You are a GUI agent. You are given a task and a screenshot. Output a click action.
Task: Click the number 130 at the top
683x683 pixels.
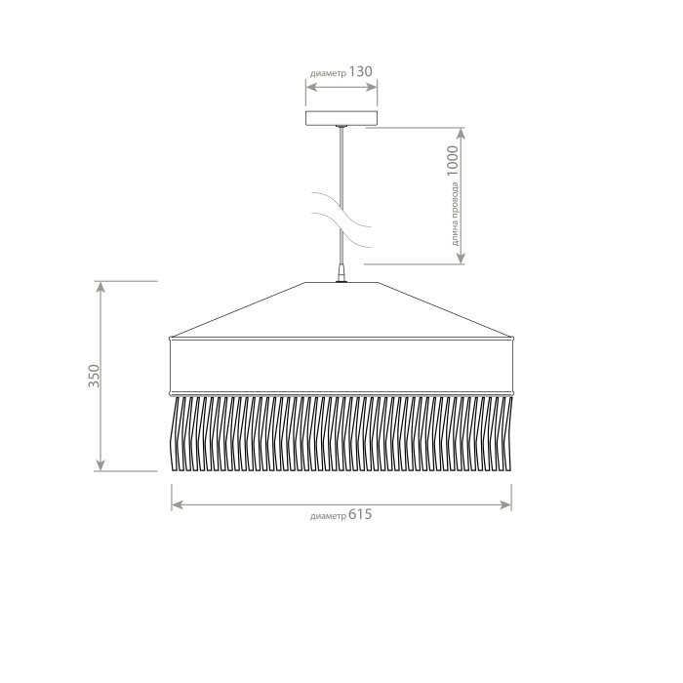[x=361, y=71]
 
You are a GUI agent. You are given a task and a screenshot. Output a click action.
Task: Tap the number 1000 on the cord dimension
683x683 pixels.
[x=453, y=161]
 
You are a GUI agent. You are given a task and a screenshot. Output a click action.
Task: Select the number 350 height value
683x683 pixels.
[x=94, y=376]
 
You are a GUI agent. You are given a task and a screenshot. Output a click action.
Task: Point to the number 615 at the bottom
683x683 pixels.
[x=360, y=514]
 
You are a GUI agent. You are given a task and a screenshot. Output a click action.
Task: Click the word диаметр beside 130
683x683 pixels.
[x=329, y=73]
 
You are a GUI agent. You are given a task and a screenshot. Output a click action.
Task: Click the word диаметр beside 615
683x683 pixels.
[x=329, y=516]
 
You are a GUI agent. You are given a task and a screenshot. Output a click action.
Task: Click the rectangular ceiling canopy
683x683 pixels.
[x=341, y=118]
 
